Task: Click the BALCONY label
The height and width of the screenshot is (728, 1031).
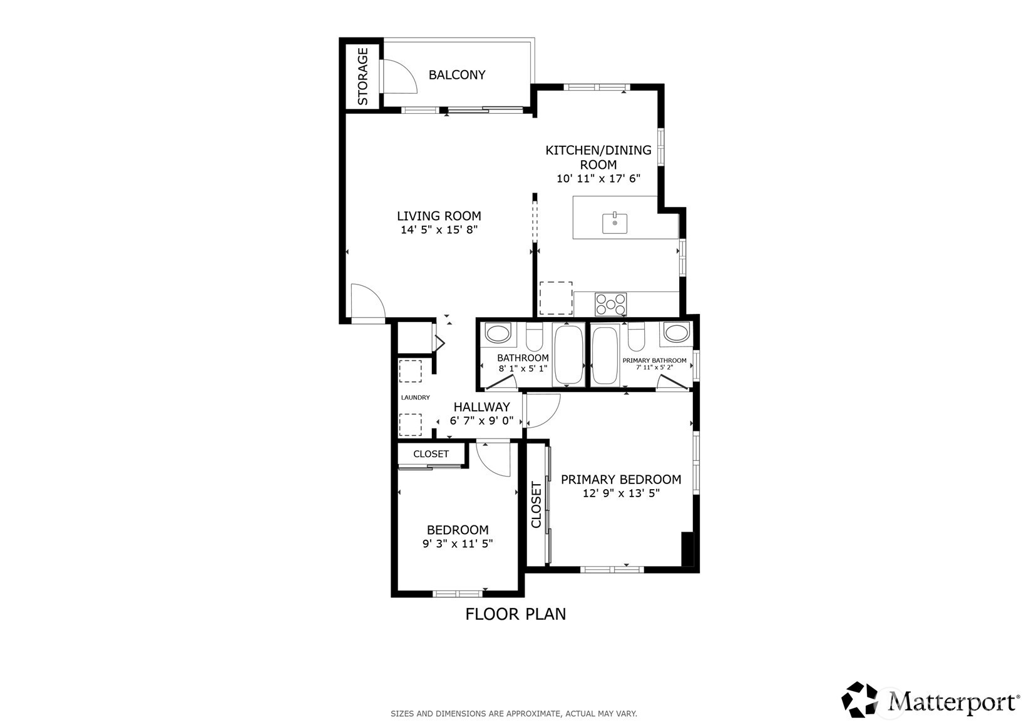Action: click(x=456, y=74)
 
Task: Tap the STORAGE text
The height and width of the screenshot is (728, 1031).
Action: click(x=362, y=76)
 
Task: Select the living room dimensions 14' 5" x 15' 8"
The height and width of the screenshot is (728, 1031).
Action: click(x=439, y=230)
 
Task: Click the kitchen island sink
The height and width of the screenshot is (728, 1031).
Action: click(x=615, y=223)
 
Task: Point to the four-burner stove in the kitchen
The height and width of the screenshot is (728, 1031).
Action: click(x=611, y=304)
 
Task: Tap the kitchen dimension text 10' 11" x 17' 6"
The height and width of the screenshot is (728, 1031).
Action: click(x=598, y=178)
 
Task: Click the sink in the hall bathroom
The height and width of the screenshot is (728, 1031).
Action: click(x=498, y=333)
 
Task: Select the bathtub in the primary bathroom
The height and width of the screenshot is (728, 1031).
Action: click(x=605, y=355)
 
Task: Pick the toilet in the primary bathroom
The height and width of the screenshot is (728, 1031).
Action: click(x=636, y=337)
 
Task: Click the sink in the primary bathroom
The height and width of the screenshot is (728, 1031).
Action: click(x=676, y=333)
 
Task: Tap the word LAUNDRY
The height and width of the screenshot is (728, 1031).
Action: click(x=415, y=397)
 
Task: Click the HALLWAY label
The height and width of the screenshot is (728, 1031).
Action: click(x=481, y=407)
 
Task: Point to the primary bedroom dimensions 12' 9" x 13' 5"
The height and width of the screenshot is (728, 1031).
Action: click(x=622, y=493)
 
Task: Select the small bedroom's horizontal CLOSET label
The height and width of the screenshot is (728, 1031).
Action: click(x=431, y=454)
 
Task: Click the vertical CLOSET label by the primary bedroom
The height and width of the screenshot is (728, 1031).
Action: click(x=536, y=505)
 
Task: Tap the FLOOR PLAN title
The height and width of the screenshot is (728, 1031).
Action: click(x=516, y=614)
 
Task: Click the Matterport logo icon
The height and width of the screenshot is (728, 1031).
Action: click(x=859, y=699)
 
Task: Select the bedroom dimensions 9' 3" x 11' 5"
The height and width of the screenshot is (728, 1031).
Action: click(x=458, y=543)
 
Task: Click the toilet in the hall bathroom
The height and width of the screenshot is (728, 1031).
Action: click(x=535, y=337)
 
